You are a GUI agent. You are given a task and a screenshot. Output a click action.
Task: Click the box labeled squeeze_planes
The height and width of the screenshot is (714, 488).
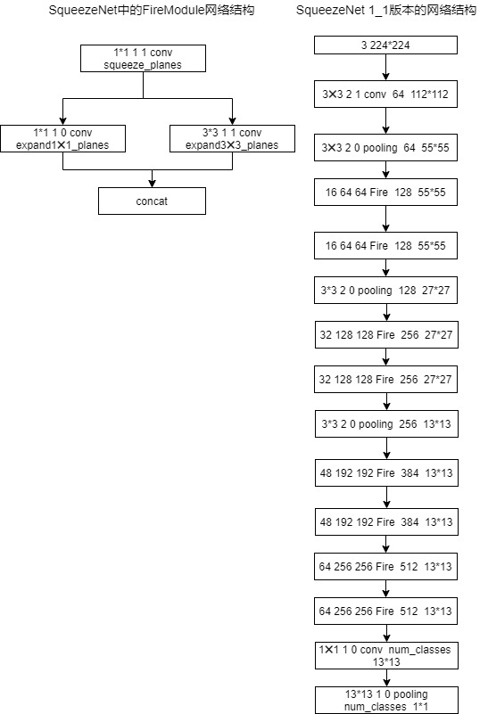(143, 59)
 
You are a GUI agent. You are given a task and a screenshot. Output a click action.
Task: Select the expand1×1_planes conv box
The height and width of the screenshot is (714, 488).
(62, 138)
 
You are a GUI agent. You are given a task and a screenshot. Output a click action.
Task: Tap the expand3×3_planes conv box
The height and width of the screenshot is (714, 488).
(232, 138)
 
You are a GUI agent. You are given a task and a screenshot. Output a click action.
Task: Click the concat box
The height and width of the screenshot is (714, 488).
(152, 201)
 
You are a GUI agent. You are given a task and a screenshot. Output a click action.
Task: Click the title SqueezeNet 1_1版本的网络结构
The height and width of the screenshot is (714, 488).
(385, 10)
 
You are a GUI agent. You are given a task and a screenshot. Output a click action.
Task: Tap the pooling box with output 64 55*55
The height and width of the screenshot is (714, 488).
(385, 147)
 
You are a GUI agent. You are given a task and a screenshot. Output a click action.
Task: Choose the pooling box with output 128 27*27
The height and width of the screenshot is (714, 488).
(385, 291)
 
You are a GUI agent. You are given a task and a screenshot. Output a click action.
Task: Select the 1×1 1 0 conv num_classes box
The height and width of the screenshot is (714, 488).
(385, 655)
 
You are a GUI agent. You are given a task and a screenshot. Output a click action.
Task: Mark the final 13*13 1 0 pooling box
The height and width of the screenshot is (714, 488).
(385, 699)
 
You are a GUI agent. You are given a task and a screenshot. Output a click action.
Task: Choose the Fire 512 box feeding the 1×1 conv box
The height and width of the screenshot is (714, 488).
(385, 612)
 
